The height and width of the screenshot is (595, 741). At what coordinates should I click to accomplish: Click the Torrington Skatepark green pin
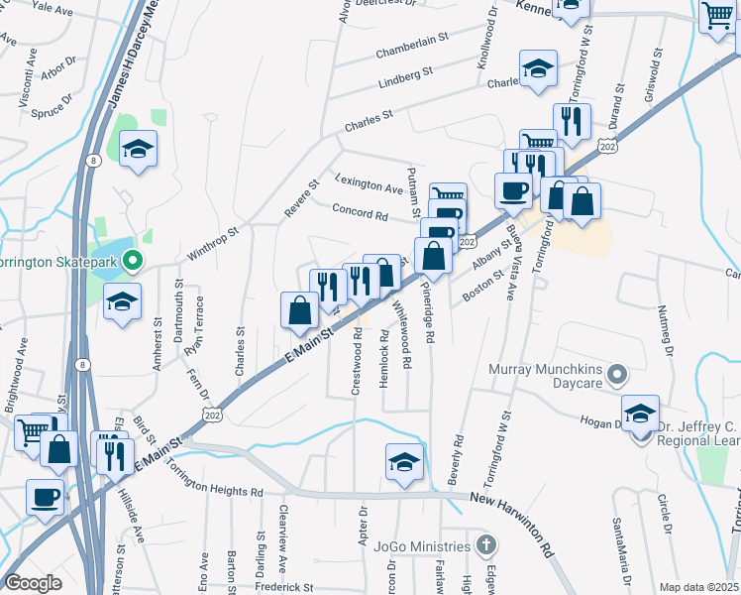point(136,263)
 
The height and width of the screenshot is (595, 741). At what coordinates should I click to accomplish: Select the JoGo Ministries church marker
point(485,546)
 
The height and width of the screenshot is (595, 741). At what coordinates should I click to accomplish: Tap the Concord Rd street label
point(360,213)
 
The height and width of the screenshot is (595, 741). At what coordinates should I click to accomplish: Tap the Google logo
point(33,583)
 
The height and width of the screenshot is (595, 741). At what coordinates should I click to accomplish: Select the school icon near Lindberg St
point(537,68)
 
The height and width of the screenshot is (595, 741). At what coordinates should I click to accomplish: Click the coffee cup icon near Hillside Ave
point(46,495)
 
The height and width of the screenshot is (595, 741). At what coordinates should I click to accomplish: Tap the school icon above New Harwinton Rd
point(403,461)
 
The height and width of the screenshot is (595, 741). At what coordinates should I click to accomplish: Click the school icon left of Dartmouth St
point(122,301)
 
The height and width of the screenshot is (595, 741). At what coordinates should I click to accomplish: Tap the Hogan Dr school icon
point(640,413)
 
